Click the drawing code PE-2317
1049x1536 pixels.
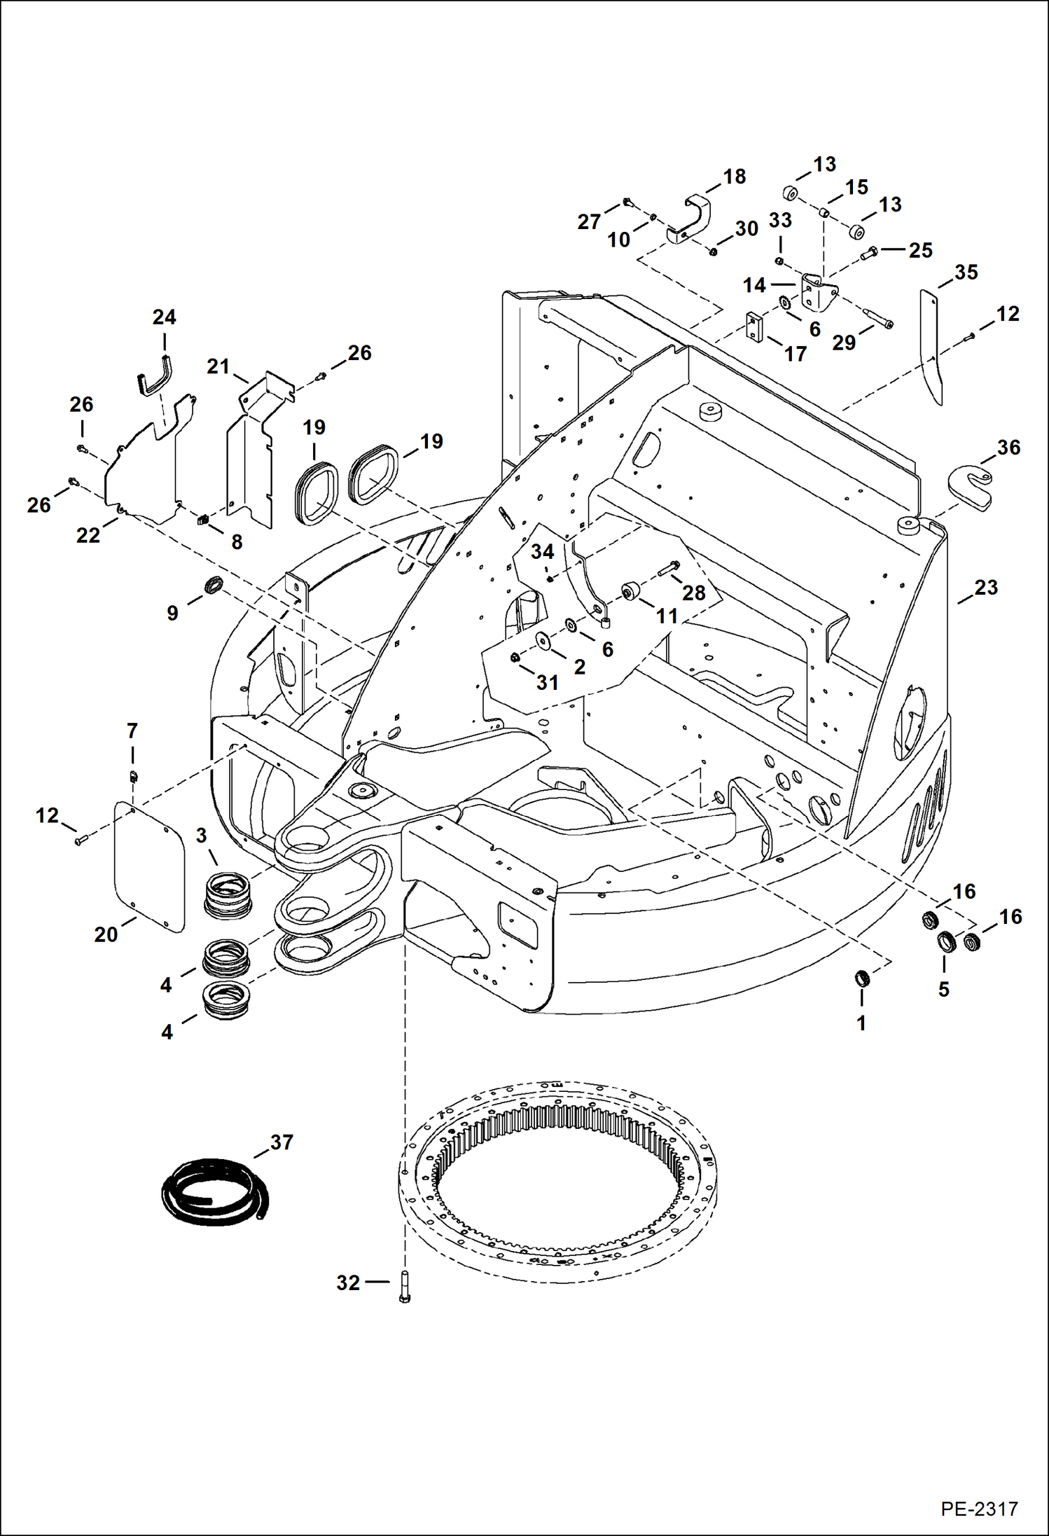coord(978,1509)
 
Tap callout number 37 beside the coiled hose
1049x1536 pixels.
coord(282,1142)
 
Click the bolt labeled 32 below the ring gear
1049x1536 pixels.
coord(404,1287)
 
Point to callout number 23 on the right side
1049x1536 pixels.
coord(985,588)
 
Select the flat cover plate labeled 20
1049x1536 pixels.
coord(150,866)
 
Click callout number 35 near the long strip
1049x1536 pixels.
coord(966,272)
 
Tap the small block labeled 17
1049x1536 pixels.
coord(753,328)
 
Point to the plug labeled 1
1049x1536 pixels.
coord(862,978)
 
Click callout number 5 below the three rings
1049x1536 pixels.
coord(943,989)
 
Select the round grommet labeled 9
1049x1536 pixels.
coord(213,583)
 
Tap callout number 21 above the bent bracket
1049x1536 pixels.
coord(218,366)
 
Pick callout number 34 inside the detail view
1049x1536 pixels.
coord(542,552)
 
